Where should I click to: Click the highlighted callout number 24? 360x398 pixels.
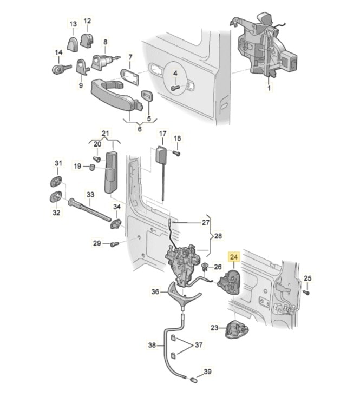(x=234, y=258)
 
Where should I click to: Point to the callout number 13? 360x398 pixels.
(x=73, y=24)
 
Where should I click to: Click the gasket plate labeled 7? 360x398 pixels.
(x=130, y=76)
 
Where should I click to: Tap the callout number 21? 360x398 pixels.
(x=105, y=134)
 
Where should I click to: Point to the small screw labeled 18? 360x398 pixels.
(x=176, y=153)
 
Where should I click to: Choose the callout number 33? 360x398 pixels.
(x=90, y=194)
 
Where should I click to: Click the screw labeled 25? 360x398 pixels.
(x=306, y=292)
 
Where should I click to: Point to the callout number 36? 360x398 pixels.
(x=155, y=291)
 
